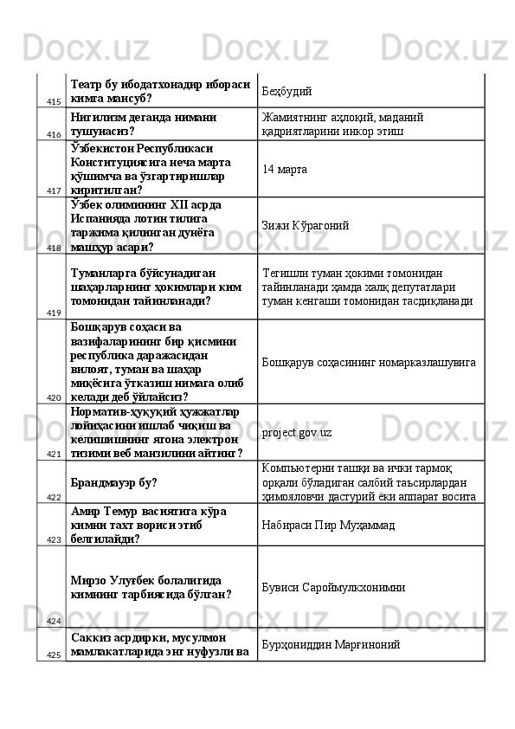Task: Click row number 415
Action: (x=53, y=101)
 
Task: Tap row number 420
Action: (x=53, y=397)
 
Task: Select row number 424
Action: (x=53, y=621)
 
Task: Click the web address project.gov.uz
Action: (x=297, y=432)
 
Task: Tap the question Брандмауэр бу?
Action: (x=120, y=482)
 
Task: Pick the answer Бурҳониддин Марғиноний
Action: (x=332, y=645)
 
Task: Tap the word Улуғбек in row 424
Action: (x=135, y=579)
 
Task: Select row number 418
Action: (x=53, y=247)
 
